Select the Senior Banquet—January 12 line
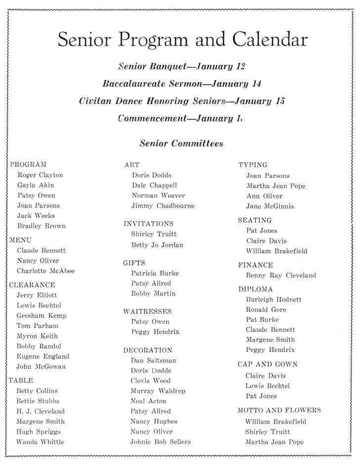click(182, 66)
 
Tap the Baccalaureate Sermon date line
click(182, 84)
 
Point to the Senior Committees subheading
click(181, 143)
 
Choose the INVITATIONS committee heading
click(148, 224)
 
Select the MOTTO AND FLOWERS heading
click(279, 410)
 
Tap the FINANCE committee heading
click(255, 265)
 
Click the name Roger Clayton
click(40, 175)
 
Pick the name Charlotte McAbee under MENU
click(45, 271)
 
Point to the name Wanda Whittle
click(40, 442)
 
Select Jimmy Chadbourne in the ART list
click(163, 206)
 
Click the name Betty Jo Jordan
click(157, 245)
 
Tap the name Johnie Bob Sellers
click(160, 442)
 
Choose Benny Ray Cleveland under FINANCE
click(281, 276)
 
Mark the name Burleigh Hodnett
click(273, 299)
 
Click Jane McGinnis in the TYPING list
click(270, 206)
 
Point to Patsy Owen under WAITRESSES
click(150, 322)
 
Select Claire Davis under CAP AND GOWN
click(266, 375)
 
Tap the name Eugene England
click(43, 356)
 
